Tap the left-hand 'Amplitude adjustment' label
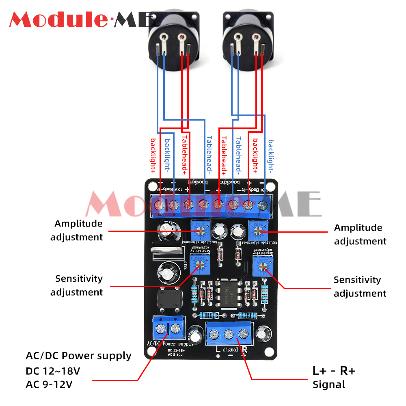point(77,230)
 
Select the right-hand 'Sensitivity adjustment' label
point(360,287)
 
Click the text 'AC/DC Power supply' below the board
point(79,356)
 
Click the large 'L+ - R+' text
point(334,371)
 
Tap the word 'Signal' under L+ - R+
point(328,384)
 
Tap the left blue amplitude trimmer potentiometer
point(201,231)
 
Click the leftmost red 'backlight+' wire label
point(153,156)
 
